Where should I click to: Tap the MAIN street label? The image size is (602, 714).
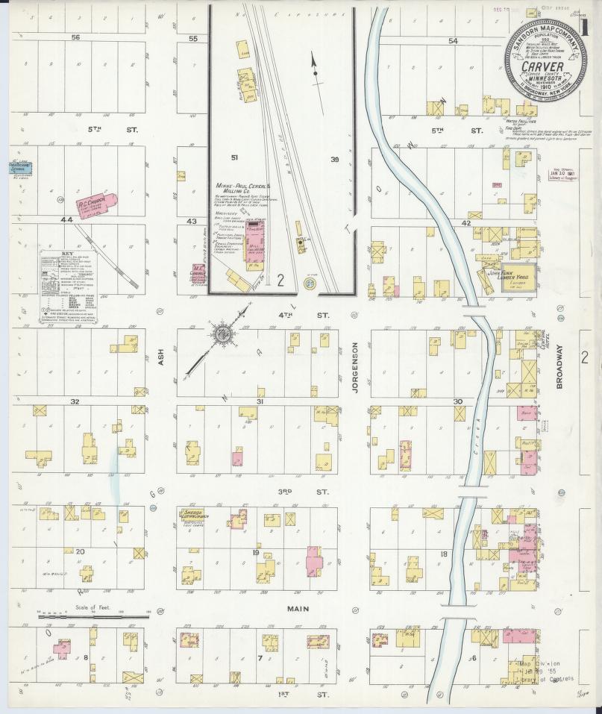point(298,610)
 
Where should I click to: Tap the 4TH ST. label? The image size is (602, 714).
point(311,316)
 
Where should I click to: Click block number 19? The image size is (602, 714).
point(255,553)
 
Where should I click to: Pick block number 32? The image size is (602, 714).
point(75,401)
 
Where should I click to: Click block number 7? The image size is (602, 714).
point(259,658)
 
